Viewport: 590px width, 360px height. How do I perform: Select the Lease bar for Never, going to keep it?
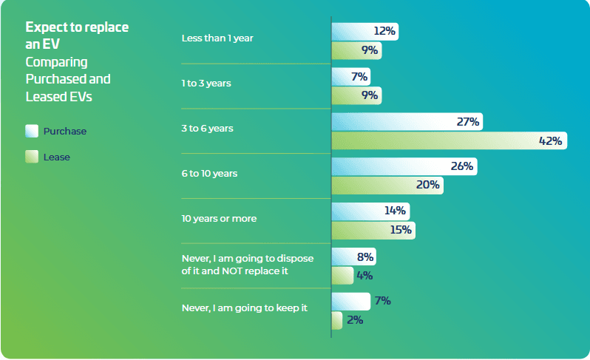(x=337, y=320)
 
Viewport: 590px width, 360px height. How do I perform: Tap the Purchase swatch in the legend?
(x=31, y=132)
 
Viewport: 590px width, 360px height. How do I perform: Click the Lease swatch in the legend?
(x=31, y=157)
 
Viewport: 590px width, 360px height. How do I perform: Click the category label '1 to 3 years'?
(x=206, y=84)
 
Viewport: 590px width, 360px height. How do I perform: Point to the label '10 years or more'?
(x=220, y=219)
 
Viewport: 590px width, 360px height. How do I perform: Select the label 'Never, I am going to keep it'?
(x=244, y=308)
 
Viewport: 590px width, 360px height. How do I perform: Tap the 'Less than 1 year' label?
(x=217, y=38)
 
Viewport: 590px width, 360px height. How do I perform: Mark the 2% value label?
(x=354, y=320)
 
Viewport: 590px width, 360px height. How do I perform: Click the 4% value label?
(x=364, y=276)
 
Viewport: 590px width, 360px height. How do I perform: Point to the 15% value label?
(x=400, y=230)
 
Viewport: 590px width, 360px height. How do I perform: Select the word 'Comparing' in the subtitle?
(x=56, y=61)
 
